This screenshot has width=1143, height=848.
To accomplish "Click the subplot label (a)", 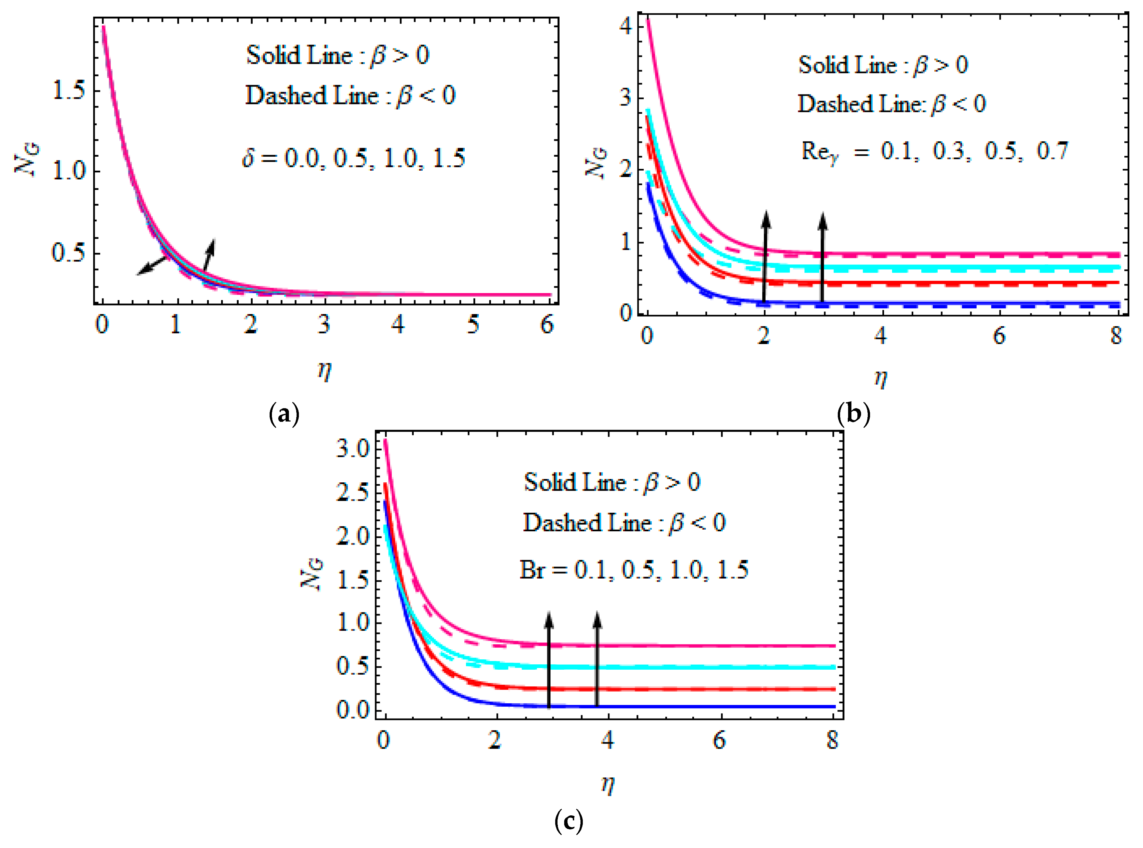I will pyautogui.click(x=284, y=414).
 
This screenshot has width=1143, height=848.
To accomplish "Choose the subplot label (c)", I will pyautogui.click(x=569, y=821).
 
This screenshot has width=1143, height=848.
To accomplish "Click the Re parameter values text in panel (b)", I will pyautogui.click(x=935, y=151).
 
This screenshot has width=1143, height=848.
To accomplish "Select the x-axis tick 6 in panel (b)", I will pyautogui.click(x=999, y=336).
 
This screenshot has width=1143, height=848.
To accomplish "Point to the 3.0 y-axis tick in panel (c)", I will pyautogui.click(x=353, y=449).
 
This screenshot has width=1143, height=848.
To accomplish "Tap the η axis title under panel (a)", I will pyautogui.click(x=324, y=370).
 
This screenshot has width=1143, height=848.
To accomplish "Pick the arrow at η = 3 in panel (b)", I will pyautogui.click(x=822, y=256).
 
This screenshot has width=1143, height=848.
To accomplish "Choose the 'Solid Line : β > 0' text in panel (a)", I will pyautogui.click(x=338, y=55).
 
